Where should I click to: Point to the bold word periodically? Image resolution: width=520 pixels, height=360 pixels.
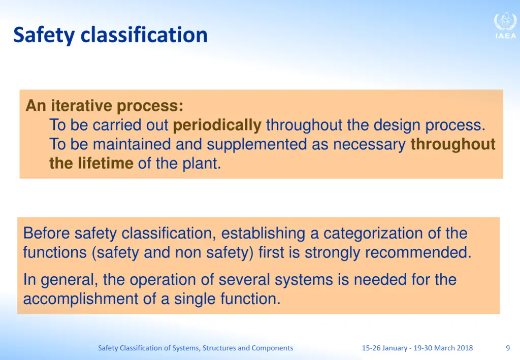pos(217,125)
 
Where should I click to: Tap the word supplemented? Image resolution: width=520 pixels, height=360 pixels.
pos(256,145)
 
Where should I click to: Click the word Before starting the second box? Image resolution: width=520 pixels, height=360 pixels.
pos(47,234)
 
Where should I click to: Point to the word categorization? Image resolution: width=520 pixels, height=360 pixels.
pos(379,234)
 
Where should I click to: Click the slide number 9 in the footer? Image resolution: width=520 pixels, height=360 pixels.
pos(508,348)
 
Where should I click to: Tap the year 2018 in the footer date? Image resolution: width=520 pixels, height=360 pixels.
pos(464,348)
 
